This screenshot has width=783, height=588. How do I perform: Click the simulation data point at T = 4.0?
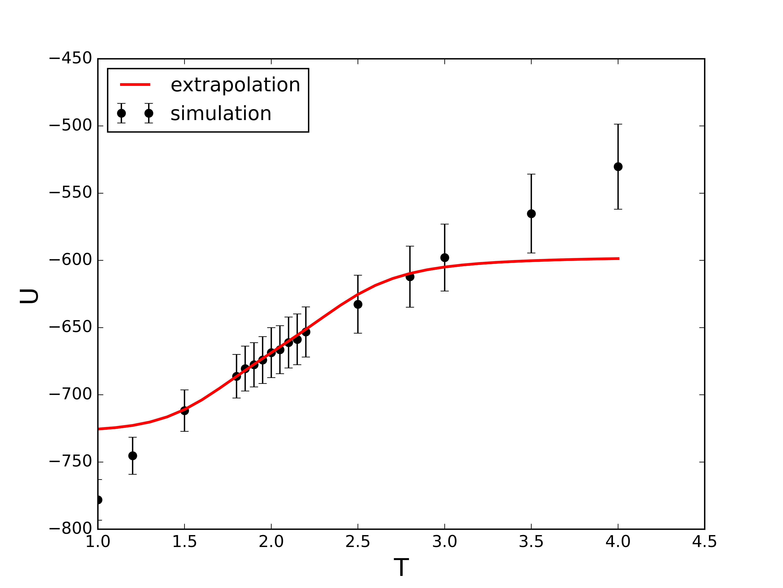point(618,167)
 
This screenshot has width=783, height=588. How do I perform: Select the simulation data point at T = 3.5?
point(531,214)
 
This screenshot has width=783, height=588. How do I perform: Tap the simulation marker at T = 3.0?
point(445,258)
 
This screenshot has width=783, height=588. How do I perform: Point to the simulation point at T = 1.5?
point(184,411)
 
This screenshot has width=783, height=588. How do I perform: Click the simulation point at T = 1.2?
point(132,456)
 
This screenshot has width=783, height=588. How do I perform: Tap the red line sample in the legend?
point(135,84)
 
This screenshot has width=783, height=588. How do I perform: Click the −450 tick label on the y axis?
point(71,58)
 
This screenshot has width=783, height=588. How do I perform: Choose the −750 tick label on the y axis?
point(71,462)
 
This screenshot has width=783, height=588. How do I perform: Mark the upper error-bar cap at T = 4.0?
point(618,124)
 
